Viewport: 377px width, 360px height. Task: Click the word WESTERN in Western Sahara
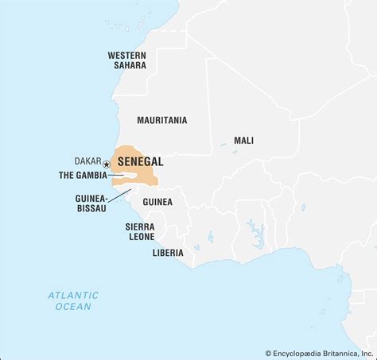pyautogui.click(x=127, y=55)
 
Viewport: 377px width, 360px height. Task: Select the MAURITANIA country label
pyautogui.click(x=161, y=120)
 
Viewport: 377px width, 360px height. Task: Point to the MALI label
pyautogui.click(x=243, y=141)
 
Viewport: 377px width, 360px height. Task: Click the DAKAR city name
pyautogui.click(x=87, y=161)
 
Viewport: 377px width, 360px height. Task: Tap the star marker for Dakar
pyautogui.click(x=107, y=164)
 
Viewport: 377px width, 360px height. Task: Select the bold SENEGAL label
pyautogui.click(x=141, y=161)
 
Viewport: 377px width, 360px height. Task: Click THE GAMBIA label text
pyautogui.click(x=83, y=176)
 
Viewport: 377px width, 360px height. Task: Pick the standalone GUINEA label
pyautogui.click(x=157, y=202)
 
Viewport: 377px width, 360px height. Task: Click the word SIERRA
pyautogui.click(x=139, y=226)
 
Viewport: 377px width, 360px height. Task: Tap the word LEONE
pyautogui.click(x=140, y=236)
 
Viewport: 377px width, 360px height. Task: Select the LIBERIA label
pyautogui.click(x=168, y=253)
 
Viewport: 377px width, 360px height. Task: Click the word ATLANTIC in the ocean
pyautogui.click(x=72, y=295)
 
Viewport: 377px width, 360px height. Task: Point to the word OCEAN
pyautogui.click(x=73, y=306)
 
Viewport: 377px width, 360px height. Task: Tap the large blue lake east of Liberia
pyautogui.click(x=256, y=234)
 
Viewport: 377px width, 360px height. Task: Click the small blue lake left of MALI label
pyautogui.click(x=223, y=144)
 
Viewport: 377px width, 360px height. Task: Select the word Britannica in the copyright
pyautogui.click(x=336, y=353)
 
